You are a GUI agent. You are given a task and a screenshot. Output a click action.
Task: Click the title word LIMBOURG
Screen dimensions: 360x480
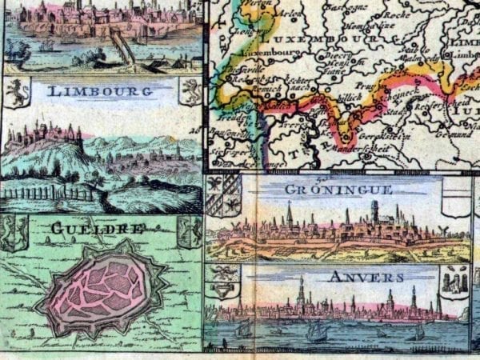pos(100,91)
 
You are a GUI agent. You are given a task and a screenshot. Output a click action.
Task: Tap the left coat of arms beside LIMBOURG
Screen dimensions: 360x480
pos(16,93)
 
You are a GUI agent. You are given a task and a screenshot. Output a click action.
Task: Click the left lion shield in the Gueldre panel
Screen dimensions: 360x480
pos(14,232)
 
